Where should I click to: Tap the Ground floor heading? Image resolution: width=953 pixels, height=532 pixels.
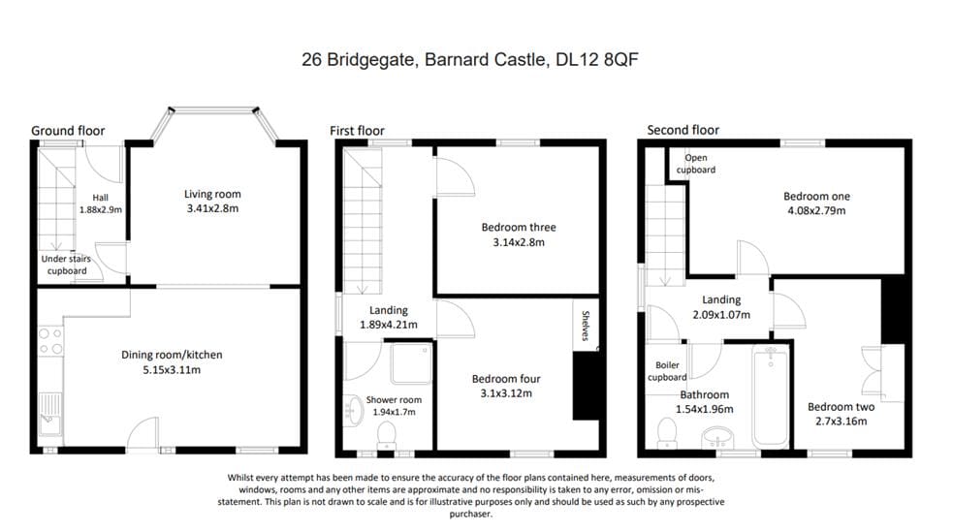[x=68, y=131]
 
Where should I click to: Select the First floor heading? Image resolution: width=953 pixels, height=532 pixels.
[x=357, y=131]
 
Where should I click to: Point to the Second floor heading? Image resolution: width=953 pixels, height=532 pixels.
[x=683, y=130]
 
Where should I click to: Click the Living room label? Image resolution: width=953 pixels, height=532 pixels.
[x=212, y=195]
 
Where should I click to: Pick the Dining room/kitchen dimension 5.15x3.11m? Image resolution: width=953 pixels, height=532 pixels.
[x=172, y=370]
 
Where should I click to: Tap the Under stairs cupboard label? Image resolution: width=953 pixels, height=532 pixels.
[x=65, y=265]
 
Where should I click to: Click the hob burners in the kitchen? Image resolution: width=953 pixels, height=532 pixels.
[x=49, y=341]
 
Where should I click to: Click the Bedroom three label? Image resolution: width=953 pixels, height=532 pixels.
[x=518, y=228]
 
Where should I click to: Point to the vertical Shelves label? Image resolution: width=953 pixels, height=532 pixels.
[x=586, y=326]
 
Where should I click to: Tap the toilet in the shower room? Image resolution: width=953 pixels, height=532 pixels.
[x=386, y=431]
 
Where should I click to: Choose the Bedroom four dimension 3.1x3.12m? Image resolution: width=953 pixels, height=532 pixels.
[x=506, y=393]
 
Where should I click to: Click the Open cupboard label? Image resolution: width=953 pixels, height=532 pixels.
[x=696, y=164]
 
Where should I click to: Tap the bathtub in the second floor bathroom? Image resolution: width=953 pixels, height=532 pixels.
[x=770, y=397]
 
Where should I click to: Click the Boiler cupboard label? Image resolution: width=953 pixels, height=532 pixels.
[x=667, y=371]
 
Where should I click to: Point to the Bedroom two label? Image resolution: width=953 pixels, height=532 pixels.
[x=841, y=407]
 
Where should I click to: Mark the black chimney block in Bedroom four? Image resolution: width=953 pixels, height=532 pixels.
[x=585, y=386]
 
